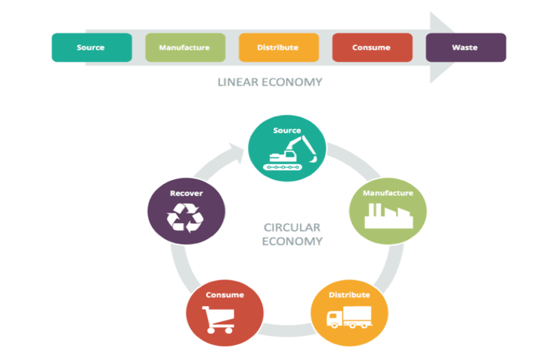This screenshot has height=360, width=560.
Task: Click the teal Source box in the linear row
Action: pos(91,48)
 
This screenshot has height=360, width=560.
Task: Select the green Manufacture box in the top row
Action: pos(184,48)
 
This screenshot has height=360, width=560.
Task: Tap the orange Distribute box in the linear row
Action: pos(278,48)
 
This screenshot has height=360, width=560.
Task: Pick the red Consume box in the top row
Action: pos(371,48)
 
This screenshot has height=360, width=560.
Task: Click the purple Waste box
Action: pos(465,48)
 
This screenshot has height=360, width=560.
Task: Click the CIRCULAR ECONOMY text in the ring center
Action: pos(292,234)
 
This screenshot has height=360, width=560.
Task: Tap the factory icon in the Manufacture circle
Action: pos(388,215)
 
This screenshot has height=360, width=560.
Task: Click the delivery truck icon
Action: pos(348,318)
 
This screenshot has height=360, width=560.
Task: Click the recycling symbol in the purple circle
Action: pos(185,216)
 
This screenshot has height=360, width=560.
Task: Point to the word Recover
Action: pos(186,193)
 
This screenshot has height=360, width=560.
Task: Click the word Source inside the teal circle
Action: pos(287,131)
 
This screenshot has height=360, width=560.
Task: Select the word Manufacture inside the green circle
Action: pos(388,193)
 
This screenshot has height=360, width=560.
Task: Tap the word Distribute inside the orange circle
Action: pos(349,294)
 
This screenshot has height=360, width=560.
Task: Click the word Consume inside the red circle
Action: pos(224,294)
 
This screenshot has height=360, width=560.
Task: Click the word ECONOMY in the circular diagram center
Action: pos(292,241)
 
